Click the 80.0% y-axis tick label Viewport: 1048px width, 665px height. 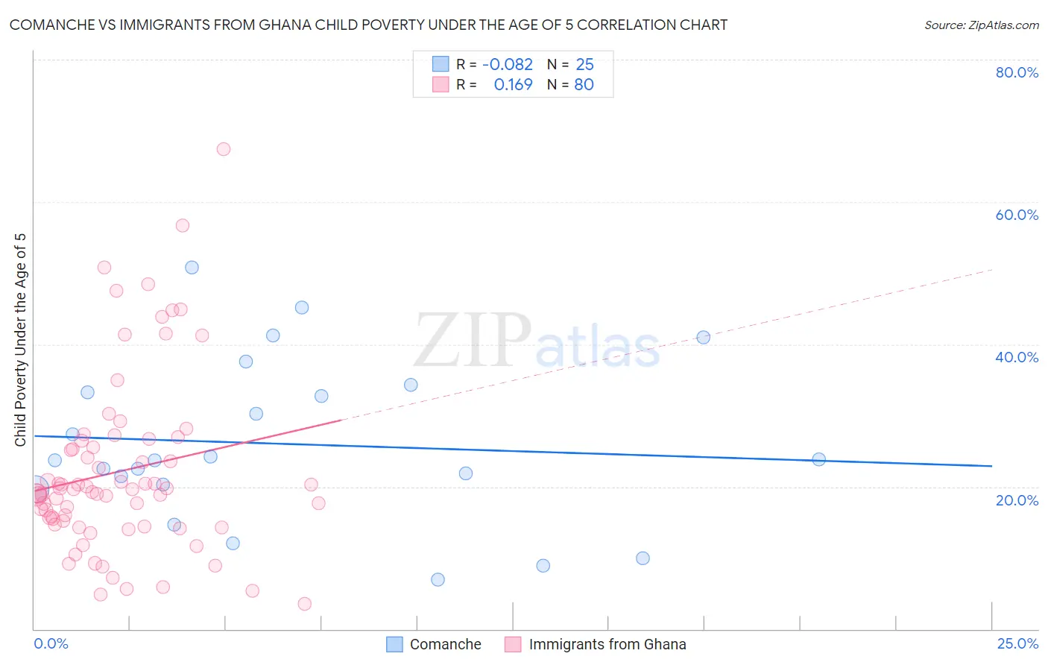(x=1017, y=72)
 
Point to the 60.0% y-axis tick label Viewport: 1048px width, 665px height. (x=1017, y=215)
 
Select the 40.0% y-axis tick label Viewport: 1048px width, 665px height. (x=1017, y=357)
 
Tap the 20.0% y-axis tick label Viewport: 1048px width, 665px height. (x=1017, y=500)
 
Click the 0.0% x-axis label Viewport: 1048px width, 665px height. (x=51, y=643)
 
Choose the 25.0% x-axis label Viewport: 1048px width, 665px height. (x=1017, y=643)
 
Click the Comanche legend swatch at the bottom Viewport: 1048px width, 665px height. (x=394, y=644)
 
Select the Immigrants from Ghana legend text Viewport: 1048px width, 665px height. (x=607, y=644)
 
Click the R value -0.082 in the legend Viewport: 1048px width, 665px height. (x=508, y=65)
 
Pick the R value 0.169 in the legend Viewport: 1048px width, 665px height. (x=513, y=85)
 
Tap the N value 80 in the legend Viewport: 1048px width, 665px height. (x=584, y=85)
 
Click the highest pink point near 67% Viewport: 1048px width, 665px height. (x=224, y=149)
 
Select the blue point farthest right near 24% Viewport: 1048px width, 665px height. (x=818, y=459)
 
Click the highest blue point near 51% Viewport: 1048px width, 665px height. (x=192, y=268)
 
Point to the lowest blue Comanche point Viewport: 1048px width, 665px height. (x=438, y=580)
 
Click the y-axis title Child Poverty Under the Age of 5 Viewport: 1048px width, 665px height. (x=21, y=339)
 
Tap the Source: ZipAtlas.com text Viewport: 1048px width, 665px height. (x=981, y=25)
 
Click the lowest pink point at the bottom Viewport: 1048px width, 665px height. (x=304, y=604)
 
